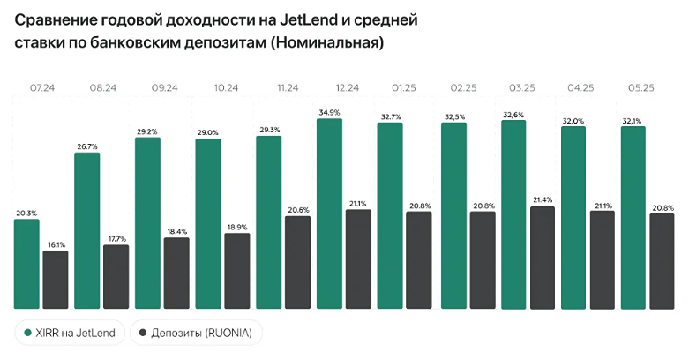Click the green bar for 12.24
click(x=330, y=214)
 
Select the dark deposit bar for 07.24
click(x=56, y=280)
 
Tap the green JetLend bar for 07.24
click(x=26, y=264)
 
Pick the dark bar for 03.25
click(x=542, y=258)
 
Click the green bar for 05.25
click(x=633, y=217)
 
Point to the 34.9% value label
click(x=329, y=112)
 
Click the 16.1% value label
click(x=56, y=244)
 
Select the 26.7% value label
click(x=87, y=146)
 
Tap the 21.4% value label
click(x=542, y=200)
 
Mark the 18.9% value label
click(x=238, y=227)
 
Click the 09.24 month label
click(x=165, y=88)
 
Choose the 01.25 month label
click(x=405, y=88)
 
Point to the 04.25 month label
click(x=581, y=88)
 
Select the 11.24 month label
click(x=288, y=88)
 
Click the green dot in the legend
click(x=28, y=333)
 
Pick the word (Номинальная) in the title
click(x=329, y=41)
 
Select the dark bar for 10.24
click(x=237, y=271)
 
